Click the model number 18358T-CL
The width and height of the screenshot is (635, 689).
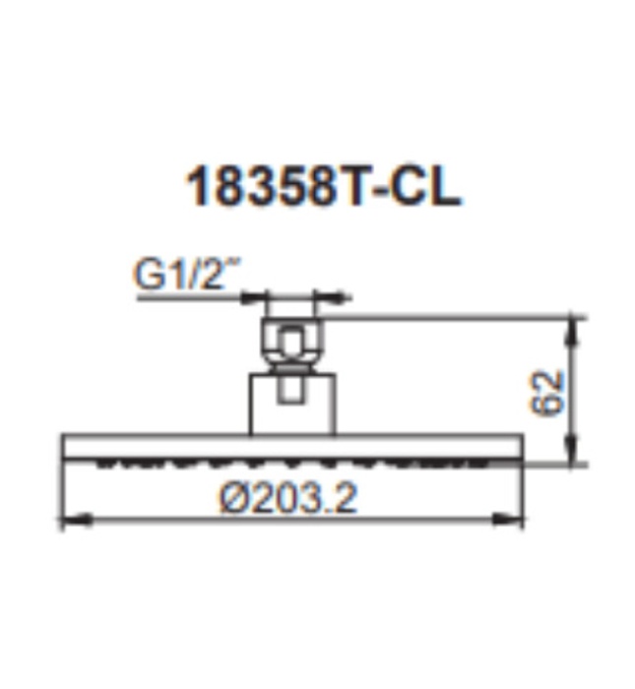(322, 188)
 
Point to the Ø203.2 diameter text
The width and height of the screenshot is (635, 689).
(287, 499)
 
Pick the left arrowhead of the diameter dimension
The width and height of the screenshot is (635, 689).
(70, 519)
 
